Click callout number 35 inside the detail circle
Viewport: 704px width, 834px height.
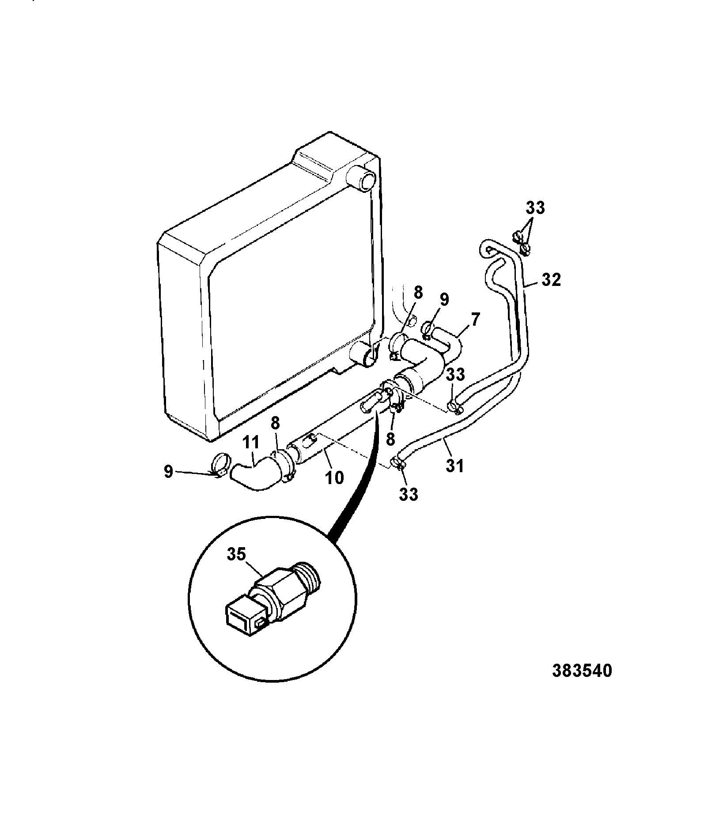coord(236,555)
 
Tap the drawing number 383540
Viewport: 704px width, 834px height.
coord(583,683)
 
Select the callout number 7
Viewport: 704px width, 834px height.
coord(474,319)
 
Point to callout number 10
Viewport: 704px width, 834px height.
coord(335,477)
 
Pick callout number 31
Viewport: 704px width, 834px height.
coord(455,466)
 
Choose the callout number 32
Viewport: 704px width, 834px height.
coord(551,280)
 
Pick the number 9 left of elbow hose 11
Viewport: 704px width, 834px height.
coord(168,472)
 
